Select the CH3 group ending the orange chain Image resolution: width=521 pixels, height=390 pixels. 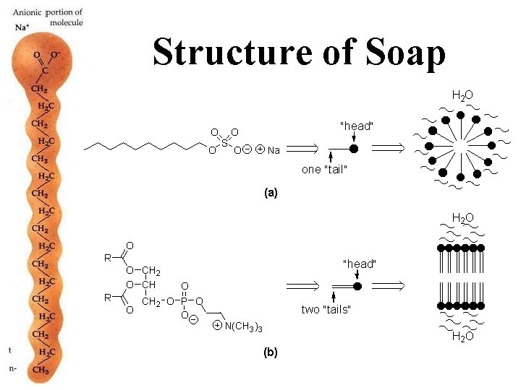[41, 370]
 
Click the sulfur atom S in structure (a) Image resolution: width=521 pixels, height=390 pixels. [225, 143]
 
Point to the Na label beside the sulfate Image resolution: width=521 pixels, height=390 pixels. [272, 151]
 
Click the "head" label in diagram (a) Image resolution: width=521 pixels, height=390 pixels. [356, 126]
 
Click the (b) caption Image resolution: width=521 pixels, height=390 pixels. [271, 352]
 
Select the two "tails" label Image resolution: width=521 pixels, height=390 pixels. [326, 310]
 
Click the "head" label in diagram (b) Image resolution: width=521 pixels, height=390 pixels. [360, 264]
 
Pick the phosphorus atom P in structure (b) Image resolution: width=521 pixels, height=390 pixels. [185, 300]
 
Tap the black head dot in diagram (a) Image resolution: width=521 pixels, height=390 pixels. [354, 149]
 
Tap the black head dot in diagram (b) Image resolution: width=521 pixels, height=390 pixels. [357, 287]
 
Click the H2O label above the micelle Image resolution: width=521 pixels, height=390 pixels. [462, 95]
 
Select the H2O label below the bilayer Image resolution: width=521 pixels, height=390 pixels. [463, 335]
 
